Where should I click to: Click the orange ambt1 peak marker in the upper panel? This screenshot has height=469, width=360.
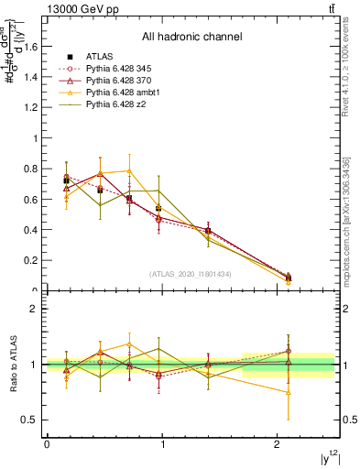130,170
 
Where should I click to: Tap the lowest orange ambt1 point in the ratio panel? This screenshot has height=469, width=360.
289,392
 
